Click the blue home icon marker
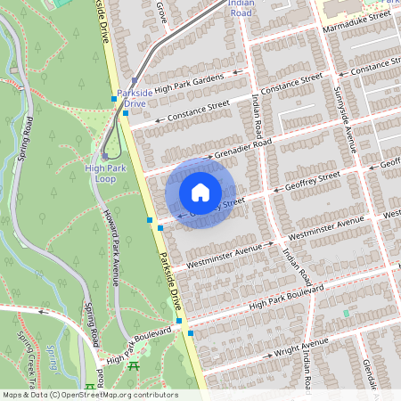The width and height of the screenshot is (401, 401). (200, 192)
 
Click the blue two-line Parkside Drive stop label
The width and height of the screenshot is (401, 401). (135, 98)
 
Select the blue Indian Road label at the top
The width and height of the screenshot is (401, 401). (241, 9)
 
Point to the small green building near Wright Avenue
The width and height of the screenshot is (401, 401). (347, 314)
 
